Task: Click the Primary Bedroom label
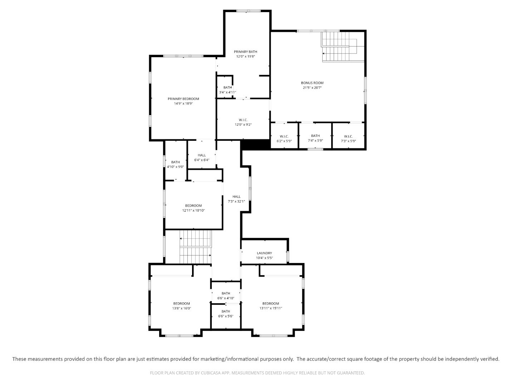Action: tap(183, 99)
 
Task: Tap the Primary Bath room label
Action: tap(245, 52)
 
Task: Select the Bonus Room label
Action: tap(312, 83)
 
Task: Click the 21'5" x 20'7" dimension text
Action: tap(312, 88)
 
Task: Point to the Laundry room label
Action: tap(264, 253)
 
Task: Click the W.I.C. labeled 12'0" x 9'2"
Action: tap(243, 120)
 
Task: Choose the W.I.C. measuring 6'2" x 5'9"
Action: tap(284, 136)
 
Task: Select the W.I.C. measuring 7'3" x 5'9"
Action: tap(348, 136)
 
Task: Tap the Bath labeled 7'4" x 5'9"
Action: tap(315, 136)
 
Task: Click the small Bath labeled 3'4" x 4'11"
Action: tap(227, 88)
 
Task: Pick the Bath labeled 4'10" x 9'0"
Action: tap(175, 162)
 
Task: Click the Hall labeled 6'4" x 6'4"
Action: tap(202, 155)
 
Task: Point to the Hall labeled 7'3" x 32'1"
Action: tap(236, 197)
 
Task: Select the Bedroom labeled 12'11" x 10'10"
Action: tap(193, 206)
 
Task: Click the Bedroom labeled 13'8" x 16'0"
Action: tap(182, 303)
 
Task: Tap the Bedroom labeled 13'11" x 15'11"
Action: tap(270, 303)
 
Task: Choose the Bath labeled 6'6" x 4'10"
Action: tap(226, 293)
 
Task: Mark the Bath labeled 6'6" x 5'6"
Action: tap(226, 311)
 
